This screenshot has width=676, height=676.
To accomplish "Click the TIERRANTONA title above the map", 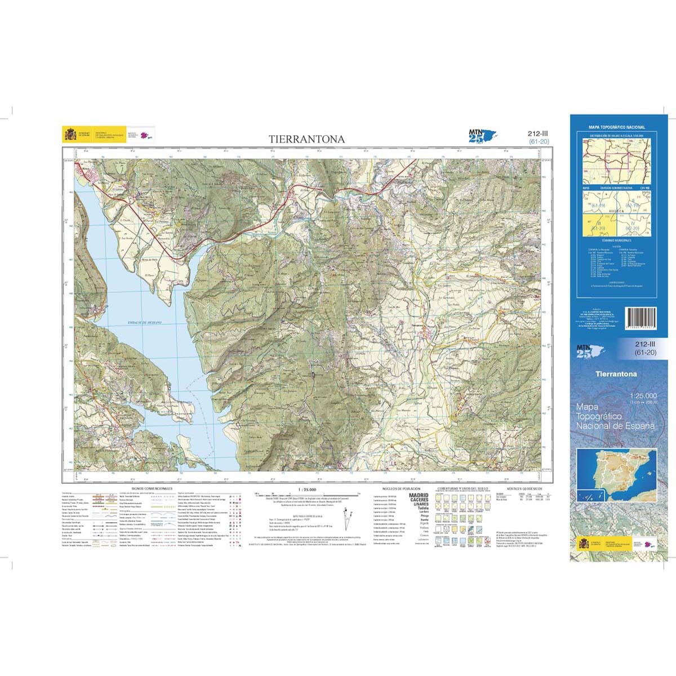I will pos(306,139).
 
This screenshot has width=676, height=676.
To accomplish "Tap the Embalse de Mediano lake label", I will pos(145,322).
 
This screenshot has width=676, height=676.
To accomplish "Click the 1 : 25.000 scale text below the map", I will pos(303,490).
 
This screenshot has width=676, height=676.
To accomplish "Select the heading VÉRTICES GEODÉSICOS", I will pos(524,489).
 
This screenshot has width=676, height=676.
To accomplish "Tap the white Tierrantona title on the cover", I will pos(616,374).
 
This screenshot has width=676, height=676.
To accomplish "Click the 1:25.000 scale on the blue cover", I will pos(642,396).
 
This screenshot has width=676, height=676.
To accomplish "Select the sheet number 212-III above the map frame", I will pos(538,134).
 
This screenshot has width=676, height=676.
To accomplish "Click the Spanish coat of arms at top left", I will pos(70,134).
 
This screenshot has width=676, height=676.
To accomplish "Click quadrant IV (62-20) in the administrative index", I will pos(634,225).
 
